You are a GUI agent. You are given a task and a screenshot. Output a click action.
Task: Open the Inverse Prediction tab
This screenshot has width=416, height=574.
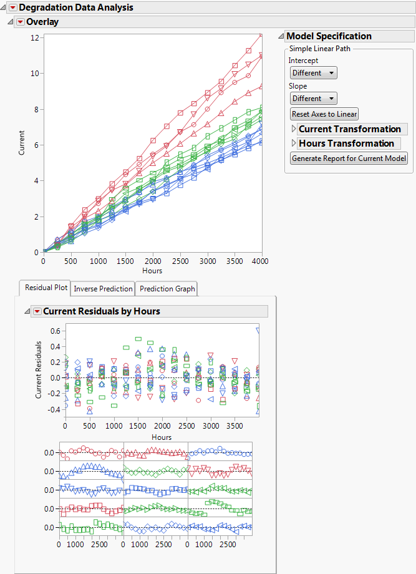(x=103, y=288)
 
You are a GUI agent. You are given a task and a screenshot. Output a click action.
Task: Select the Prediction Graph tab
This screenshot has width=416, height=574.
(x=167, y=288)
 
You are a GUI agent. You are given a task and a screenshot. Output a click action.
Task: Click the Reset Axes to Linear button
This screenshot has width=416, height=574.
(x=324, y=114)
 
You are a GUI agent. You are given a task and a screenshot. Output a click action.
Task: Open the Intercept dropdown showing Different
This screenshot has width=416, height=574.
(x=314, y=73)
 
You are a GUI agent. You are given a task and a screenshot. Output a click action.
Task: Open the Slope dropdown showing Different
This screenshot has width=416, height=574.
(x=314, y=99)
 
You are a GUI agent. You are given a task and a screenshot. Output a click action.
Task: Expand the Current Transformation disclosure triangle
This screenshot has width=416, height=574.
(x=294, y=129)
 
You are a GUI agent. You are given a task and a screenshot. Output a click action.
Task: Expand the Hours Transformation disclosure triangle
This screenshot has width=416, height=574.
(x=294, y=143)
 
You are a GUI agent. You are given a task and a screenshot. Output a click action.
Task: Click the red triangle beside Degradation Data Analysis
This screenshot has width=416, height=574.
(x=12, y=7)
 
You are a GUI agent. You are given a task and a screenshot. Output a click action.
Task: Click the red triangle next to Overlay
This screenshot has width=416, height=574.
(x=21, y=22)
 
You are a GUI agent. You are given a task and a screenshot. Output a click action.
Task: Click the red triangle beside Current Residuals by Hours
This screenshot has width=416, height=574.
(x=37, y=311)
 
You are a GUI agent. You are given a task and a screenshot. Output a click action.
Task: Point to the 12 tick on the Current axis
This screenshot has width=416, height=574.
(x=35, y=37)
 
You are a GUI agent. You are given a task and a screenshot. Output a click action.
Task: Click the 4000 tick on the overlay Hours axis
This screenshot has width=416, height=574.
(x=260, y=261)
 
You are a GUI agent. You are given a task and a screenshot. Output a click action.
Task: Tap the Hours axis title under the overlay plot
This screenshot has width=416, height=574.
(x=152, y=271)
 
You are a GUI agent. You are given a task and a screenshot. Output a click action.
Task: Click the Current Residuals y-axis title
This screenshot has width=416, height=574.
(x=38, y=370)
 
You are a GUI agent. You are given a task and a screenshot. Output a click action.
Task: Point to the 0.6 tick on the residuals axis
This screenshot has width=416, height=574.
(x=55, y=331)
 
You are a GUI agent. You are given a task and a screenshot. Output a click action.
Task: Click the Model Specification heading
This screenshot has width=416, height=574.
(x=329, y=36)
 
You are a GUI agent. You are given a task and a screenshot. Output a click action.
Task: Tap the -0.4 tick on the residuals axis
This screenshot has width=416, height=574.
(x=54, y=410)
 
